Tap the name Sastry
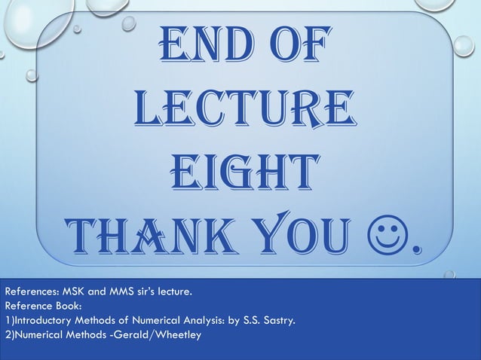[277, 321]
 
